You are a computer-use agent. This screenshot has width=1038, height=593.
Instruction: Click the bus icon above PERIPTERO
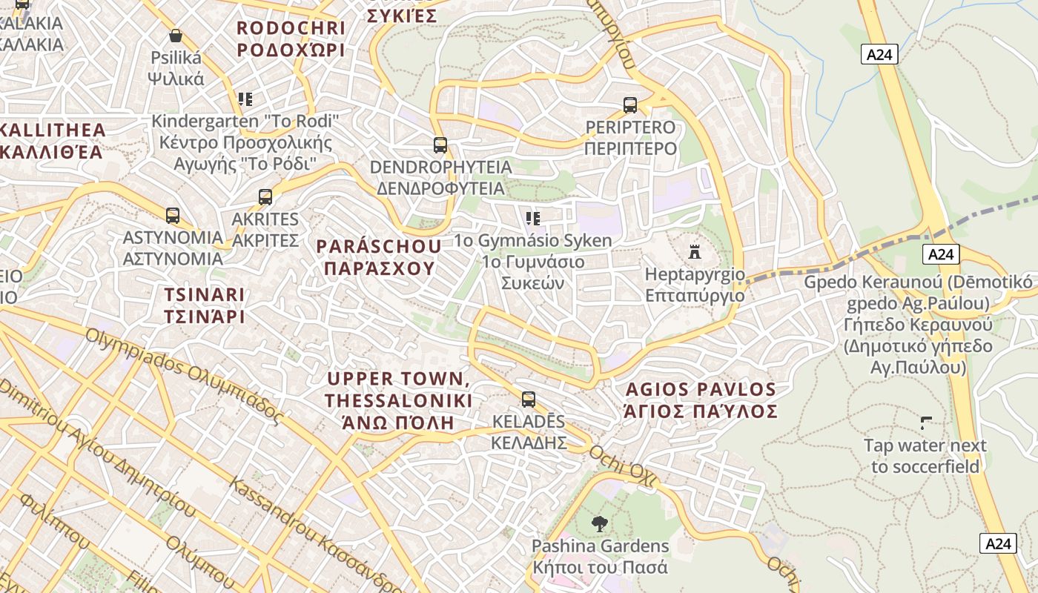click(x=630, y=105)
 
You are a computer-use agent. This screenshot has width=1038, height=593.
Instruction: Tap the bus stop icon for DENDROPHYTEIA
click(x=440, y=145)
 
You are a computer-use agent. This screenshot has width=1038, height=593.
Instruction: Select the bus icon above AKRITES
click(x=265, y=197)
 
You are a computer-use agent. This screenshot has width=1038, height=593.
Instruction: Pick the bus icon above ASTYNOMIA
click(x=173, y=216)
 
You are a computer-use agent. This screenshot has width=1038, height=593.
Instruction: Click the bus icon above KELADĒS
click(x=529, y=400)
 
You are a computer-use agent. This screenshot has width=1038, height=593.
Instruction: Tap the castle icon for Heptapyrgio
click(x=695, y=252)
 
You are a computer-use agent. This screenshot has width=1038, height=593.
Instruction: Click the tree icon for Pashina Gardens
click(x=599, y=524)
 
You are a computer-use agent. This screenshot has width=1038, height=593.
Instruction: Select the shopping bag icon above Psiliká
click(x=176, y=36)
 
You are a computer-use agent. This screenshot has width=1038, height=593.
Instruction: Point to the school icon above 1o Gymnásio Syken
click(x=532, y=218)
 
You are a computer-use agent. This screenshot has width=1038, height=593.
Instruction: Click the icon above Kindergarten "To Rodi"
click(x=245, y=99)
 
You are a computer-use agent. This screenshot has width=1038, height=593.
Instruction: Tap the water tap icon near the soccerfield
click(x=925, y=423)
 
